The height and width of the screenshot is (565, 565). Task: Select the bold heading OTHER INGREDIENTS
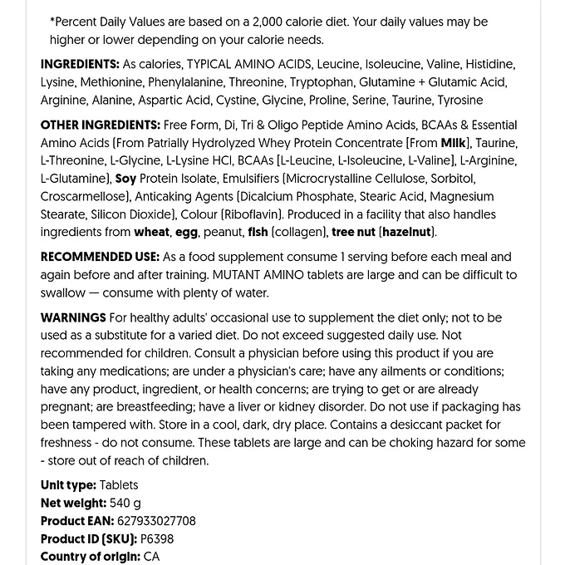click(100, 125)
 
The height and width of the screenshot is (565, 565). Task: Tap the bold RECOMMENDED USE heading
click(100, 257)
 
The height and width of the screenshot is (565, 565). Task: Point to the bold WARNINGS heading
click(73, 317)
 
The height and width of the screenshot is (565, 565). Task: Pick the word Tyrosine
click(459, 101)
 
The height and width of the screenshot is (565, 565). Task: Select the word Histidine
click(489, 64)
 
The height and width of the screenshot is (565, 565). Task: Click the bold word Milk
click(454, 143)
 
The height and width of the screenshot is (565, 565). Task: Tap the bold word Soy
click(125, 179)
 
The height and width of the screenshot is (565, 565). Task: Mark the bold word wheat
click(152, 233)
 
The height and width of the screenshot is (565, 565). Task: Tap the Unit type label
click(68, 485)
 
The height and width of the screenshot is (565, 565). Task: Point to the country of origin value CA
click(151, 557)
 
